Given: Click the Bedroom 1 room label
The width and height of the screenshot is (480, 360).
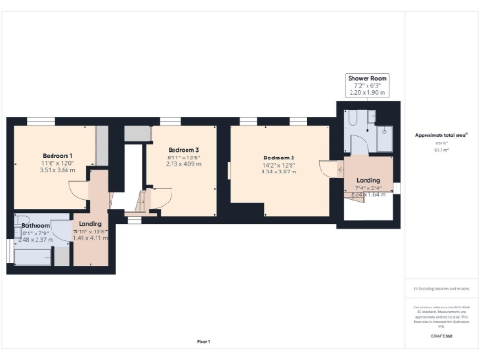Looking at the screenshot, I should [x=57, y=154].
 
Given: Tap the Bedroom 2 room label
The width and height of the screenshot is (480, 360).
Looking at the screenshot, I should [x=279, y=157].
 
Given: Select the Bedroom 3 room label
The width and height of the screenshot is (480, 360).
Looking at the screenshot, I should [x=184, y=150].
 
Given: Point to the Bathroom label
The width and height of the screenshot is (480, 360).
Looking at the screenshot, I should [x=36, y=226].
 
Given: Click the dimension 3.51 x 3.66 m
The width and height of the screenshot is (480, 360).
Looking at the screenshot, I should [x=57, y=171].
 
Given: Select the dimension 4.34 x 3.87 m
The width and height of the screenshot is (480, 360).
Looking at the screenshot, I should [x=279, y=172].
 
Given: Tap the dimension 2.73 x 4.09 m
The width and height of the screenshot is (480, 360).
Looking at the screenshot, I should [x=184, y=165].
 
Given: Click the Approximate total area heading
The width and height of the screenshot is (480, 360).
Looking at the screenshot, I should [x=441, y=135].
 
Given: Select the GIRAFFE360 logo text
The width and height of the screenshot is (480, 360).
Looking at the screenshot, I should [x=441, y=334].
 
